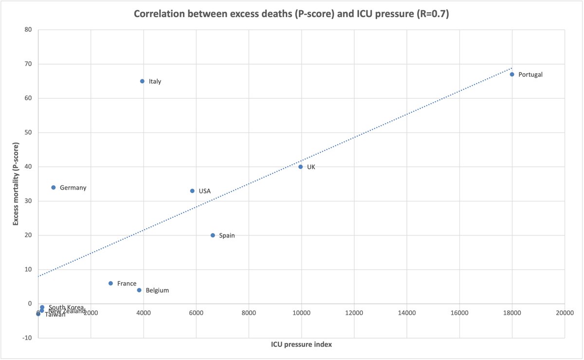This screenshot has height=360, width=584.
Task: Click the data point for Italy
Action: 142,81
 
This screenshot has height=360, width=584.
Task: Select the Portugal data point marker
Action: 512,74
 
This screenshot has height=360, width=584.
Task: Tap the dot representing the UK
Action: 300,167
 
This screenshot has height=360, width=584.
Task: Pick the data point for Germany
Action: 54,187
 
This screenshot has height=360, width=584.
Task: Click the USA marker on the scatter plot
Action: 192,191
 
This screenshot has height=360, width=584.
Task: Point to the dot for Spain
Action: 213,235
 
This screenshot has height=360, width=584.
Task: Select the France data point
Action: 110,283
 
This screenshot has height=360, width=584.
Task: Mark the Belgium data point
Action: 139,290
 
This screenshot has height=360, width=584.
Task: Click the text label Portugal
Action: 530,75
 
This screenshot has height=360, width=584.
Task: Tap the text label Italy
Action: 155,82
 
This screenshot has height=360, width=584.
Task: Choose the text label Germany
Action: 73,188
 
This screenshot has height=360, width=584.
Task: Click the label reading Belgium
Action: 157,290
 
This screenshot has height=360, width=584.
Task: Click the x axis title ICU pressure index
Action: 301,344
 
